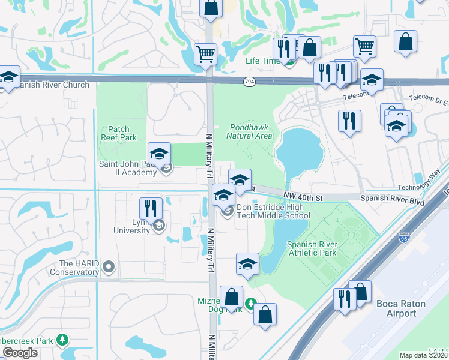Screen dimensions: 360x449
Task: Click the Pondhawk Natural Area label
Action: (x=251, y=131)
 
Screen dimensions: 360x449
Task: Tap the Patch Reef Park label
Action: (x=119, y=133)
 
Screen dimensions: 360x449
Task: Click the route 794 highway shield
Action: (x=249, y=81)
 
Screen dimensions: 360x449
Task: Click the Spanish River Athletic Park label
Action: (x=312, y=248)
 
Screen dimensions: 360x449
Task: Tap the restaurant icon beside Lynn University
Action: (x=151, y=209)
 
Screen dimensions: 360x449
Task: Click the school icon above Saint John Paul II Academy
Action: (x=159, y=154)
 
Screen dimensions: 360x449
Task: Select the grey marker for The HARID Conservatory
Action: (x=109, y=266)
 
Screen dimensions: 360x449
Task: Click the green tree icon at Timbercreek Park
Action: (x=62, y=340)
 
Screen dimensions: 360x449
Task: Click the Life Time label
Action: (x=262, y=61)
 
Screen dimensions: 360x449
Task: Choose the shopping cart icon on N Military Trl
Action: (x=206, y=54)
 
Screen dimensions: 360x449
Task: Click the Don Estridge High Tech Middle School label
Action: (x=273, y=211)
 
